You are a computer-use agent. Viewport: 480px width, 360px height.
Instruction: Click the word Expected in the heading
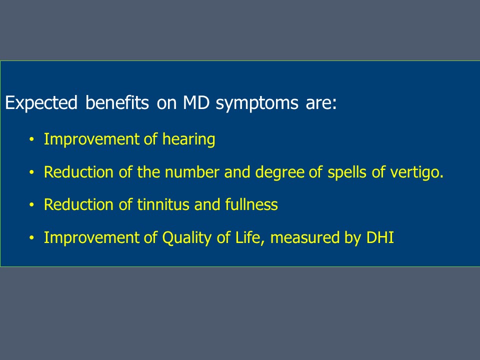[41, 103]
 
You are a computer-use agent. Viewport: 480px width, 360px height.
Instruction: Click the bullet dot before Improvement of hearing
[31, 139]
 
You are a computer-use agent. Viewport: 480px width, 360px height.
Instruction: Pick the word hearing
[188, 140]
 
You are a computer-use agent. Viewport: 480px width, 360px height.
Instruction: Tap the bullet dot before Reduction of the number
[31, 172]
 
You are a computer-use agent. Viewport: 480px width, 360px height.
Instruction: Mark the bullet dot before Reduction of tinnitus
[31, 205]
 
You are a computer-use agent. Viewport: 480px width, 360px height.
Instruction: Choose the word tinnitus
[163, 204]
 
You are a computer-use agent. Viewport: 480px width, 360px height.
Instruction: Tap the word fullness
[251, 204]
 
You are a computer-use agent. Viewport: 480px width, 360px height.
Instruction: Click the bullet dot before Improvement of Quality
[31, 238]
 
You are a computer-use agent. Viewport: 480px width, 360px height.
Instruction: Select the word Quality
[186, 238]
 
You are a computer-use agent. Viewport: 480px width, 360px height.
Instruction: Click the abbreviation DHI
[379, 237]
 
